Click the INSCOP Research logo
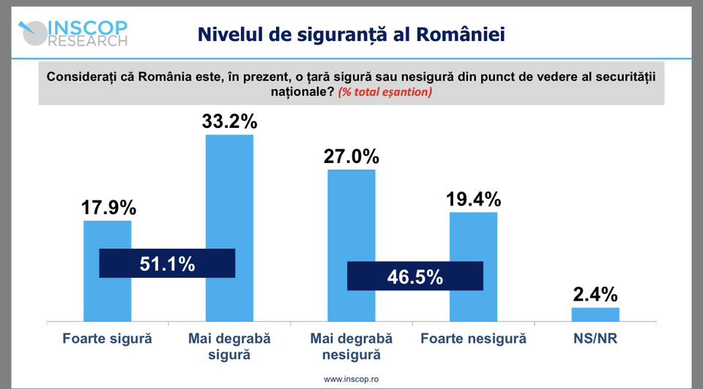click(73, 33)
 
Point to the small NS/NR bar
click(595, 314)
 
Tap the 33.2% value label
click(229, 121)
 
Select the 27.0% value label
click(351, 156)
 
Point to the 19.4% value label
click(473, 199)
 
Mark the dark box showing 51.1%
click(167, 263)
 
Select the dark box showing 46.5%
click(414, 276)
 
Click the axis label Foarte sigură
click(107, 339)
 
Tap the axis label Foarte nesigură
click(473, 339)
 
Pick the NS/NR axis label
click(595, 339)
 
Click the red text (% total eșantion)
click(385, 92)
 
